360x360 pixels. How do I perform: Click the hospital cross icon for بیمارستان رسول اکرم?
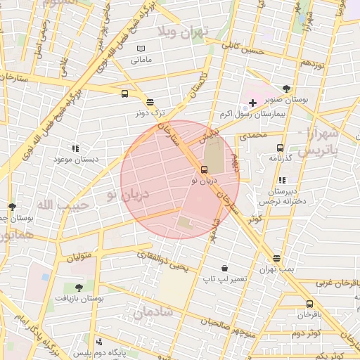tap(252, 103)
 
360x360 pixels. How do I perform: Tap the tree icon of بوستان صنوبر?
tap(285, 89)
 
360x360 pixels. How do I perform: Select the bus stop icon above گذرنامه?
tap(280, 148)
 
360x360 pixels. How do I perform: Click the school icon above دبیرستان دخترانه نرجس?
tap(282, 181)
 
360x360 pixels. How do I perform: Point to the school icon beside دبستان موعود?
tap(75, 148)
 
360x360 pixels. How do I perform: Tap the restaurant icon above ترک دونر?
tap(150, 102)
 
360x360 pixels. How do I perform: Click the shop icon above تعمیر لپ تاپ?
tap(224, 268)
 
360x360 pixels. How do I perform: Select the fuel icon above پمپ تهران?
tap(276, 258)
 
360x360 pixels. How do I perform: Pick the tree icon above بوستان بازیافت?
tap(78, 288)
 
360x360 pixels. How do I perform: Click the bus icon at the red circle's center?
tap(204, 169)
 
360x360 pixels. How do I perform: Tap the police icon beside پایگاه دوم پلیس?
tap(100, 342)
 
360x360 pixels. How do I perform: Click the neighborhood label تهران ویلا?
tap(194, 32)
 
